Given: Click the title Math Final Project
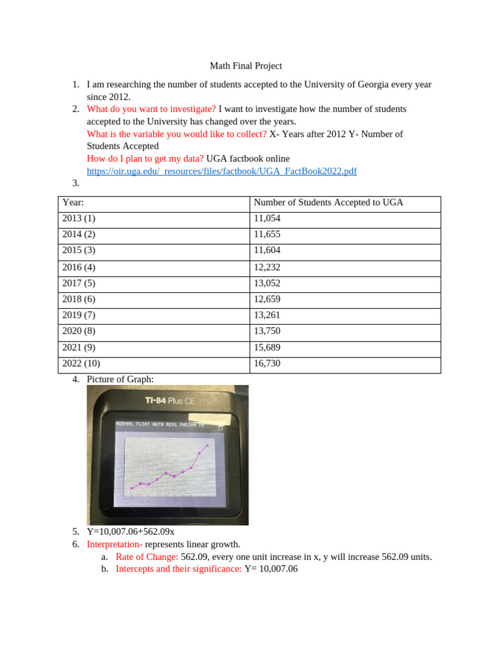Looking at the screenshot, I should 246,66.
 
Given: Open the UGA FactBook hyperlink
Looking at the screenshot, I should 222,171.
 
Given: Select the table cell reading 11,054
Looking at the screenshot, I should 267,218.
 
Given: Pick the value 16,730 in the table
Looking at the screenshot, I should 267,364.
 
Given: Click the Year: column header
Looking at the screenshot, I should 74,202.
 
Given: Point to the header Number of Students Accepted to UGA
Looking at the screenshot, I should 329,202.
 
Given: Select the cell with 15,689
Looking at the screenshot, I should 267,348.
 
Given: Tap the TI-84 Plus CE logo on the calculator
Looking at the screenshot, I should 169,401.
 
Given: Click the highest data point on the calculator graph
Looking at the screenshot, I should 207,445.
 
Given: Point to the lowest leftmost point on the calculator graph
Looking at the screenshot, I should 132,488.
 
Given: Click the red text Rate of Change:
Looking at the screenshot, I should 147,557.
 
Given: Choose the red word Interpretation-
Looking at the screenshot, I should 115,545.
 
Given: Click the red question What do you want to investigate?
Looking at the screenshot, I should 151,109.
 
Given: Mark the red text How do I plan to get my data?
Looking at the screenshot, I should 145,158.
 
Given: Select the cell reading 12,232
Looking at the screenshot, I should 267,267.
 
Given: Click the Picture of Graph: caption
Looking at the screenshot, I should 120,379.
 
